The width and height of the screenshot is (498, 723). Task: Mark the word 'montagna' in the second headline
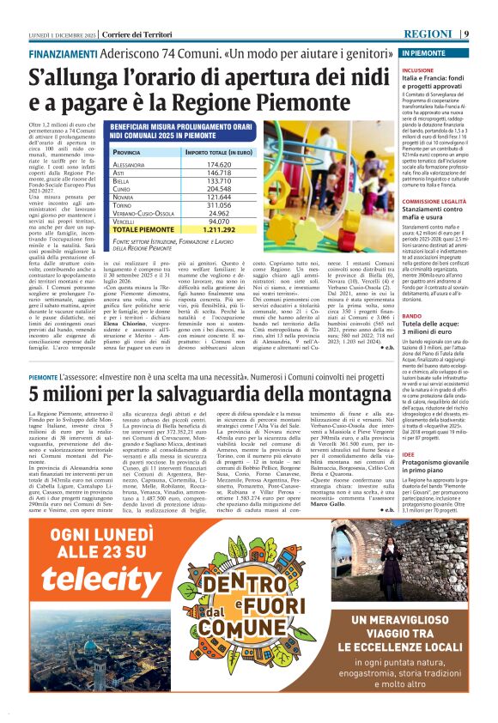tap(353, 394)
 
